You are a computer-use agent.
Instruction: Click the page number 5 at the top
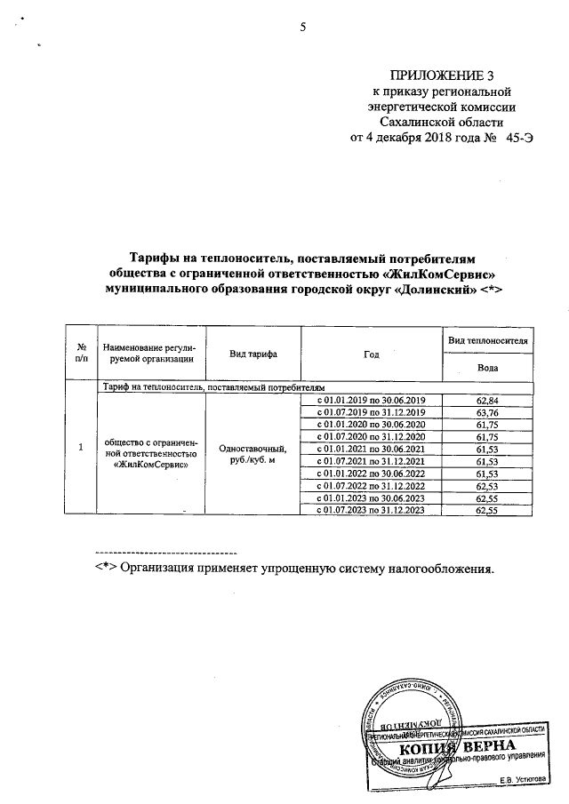click(x=302, y=28)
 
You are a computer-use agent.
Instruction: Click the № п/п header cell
click(x=82, y=354)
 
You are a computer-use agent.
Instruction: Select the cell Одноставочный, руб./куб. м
click(x=253, y=456)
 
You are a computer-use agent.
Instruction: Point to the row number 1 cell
click(x=82, y=450)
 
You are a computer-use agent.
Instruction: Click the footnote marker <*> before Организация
click(x=107, y=569)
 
